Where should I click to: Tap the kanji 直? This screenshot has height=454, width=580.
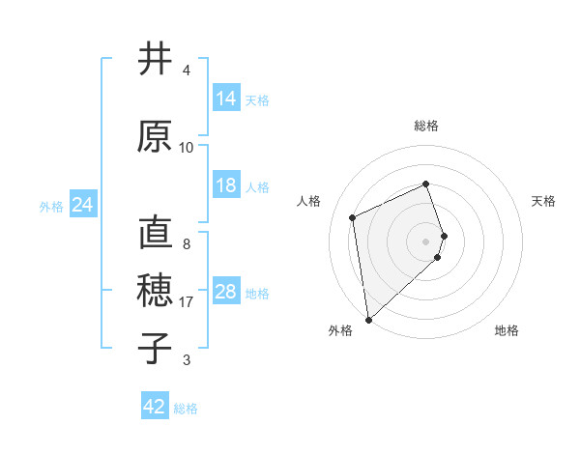tap(156, 235)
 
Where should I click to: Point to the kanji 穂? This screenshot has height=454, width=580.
tap(156, 291)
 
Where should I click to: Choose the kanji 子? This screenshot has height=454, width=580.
tap(156, 348)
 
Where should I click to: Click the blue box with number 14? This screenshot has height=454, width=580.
tap(226, 99)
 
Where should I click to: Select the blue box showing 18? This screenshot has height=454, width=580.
tap(226, 185)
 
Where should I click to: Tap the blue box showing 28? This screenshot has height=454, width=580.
tap(226, 292)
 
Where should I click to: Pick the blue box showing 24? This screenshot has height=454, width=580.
tap(83, 205)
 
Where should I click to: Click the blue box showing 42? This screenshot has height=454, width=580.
tap(155, 407)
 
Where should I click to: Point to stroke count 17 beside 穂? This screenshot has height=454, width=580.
tap(187, 302)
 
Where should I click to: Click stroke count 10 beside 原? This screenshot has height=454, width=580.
tap(187, 148)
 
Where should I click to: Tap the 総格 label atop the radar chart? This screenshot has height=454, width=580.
tap(425, 126)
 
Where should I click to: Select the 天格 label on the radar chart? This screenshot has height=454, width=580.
tap(543, 201)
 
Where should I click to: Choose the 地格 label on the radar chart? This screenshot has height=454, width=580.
tap(507, 330)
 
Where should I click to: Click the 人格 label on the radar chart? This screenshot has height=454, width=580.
tap(309, 201)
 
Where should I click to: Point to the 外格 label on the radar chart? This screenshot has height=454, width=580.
tap(339, 330)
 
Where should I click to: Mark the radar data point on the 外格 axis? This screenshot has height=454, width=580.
tap(367, 319)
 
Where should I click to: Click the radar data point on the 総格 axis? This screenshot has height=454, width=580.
tap(425, 184)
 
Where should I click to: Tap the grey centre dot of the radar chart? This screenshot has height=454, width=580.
tap(425, 241)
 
